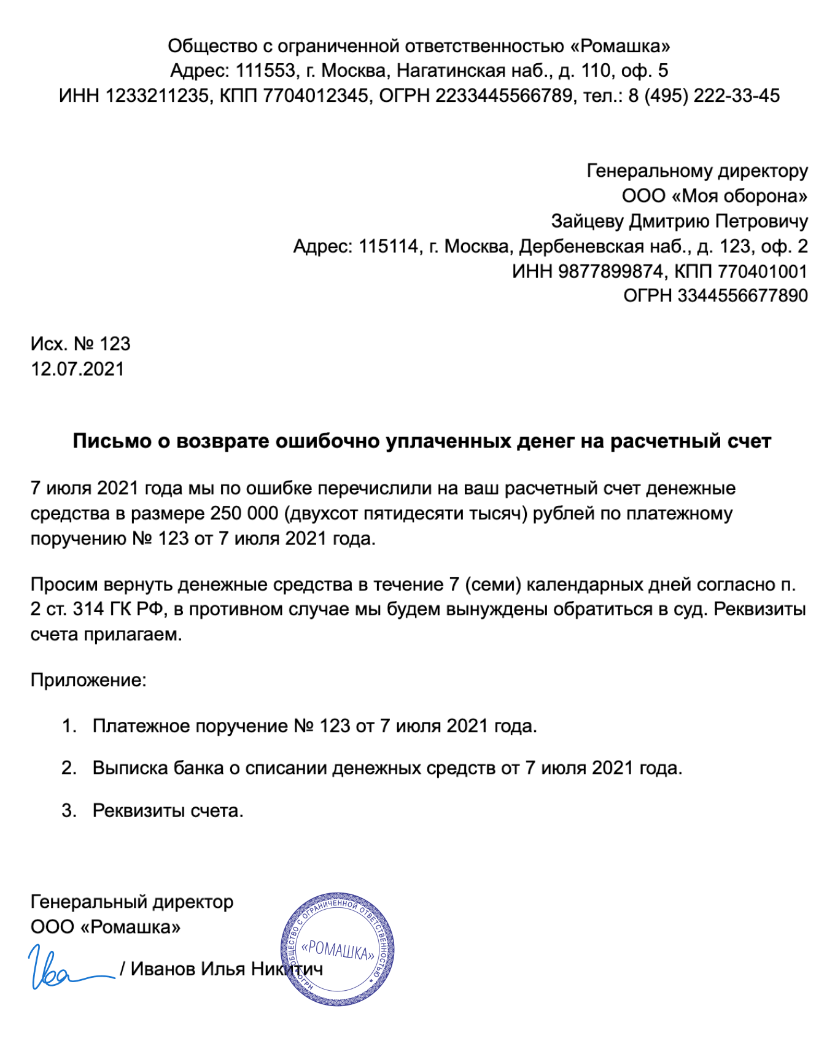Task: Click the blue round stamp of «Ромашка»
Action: pos(337,949)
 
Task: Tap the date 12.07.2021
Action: pos(77,369)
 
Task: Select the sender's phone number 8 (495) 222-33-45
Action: pos(704,96)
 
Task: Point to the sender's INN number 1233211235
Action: pos(157,96)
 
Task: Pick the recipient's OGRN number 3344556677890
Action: pos(742,296)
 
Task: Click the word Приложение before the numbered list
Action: pos(88,680)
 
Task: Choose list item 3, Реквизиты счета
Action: pos(168,811)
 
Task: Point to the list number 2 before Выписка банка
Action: pos(68,769)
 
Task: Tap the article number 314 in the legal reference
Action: pos(88,610)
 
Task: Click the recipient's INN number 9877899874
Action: pos(611,271)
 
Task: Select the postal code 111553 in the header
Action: pos(266,71)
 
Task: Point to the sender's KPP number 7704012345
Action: pos(316,96)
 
